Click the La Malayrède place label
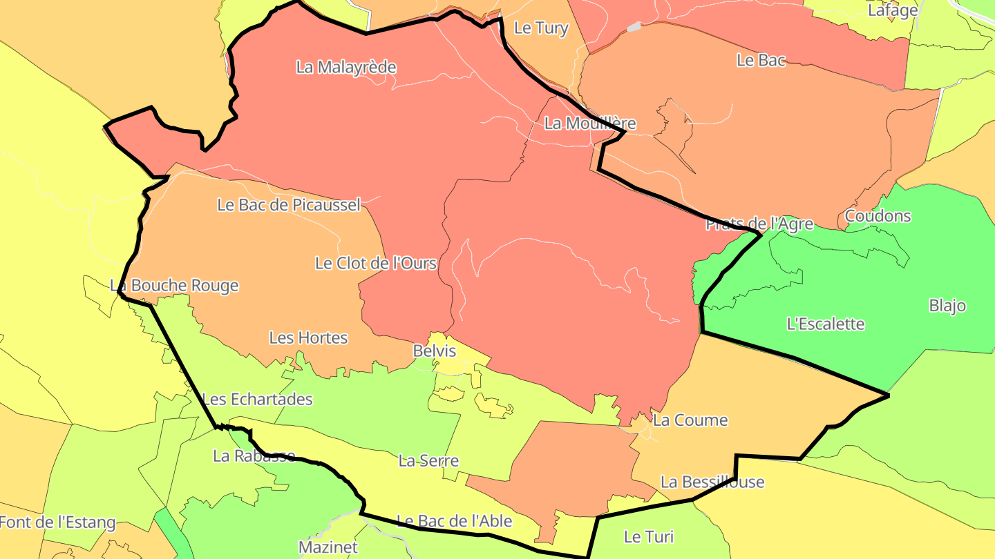coord(346,67)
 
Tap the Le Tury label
coord(542,28)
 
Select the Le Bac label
coord(761,60)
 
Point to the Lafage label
coord(893,10)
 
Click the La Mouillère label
coord(589,124)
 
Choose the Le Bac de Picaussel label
coord(289,204)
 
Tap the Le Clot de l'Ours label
coord(376,263)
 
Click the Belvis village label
coord(435,351)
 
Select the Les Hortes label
coord(308,337)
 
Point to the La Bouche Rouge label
coord(174,285)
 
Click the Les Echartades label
coord(257,399)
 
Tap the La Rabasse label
coord(254,455)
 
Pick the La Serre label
coord(428,460)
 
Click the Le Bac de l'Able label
coord(454,520)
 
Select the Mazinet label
coord(328,547)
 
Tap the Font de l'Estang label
coord(57,522)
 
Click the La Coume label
coord(690,420)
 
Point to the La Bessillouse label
coord(712,482)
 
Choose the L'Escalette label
coord(826,323)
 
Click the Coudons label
coord(878,216)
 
